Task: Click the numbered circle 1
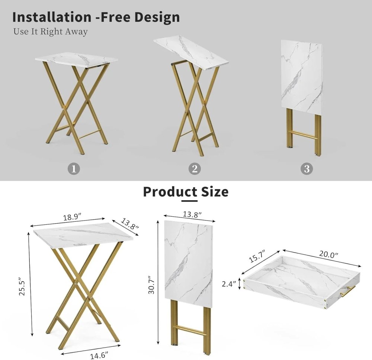[74, 169]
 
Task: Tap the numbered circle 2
[194, 169]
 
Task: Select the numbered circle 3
[307, 169]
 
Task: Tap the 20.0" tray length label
[328, 254]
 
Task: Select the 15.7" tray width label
[256, 257]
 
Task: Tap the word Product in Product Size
[170, 192]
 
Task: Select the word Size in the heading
[215, 192]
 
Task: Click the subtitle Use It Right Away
[51, 32]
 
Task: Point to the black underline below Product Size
[189, 201]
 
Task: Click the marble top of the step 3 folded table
[301, 74]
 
